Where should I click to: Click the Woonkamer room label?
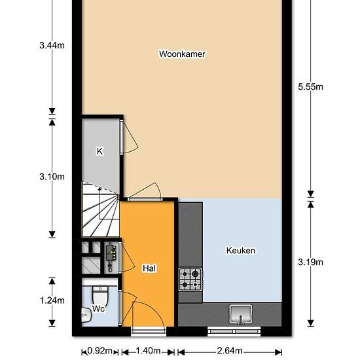pyautogui.click(x=182, y=54)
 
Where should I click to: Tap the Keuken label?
pyautogui.click(x=241, y=251)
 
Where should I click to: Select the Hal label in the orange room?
pyautogui.click(x=149, y=268)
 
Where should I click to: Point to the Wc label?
pyautogui.click(x=98, y=308)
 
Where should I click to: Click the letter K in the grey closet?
pyautogui.click(x=99, y=152)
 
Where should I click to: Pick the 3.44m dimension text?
pyautogui.click(x=52, y=45)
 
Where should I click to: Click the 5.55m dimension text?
pyautogui.click(x=310, y=87)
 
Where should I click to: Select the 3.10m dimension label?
pyautogui.click(x=52, y=177)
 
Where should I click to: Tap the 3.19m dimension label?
pyautogui.click(x=310, y=262)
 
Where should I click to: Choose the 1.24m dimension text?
pyautogui.click(x=52, y=300)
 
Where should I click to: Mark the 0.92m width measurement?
pyautogui.click(x=100, y=351)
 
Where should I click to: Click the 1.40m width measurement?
pyautogui.click(x=148, y=351)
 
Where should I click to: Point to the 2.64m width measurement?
pyautogui.click(x=230, y=351)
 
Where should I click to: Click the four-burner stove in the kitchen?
pyautogui.click(x=190, y=279)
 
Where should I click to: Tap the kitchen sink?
pyautogui.click(x=241, y=314)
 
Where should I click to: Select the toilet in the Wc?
pyautogui.click(x=100, y=296)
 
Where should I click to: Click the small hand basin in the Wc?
pyautogui.click(x=86, y=315)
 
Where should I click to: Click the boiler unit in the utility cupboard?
pyautogui.click(x=111, y=257)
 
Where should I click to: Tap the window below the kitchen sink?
pyautogui.click(x=234, y=331)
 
